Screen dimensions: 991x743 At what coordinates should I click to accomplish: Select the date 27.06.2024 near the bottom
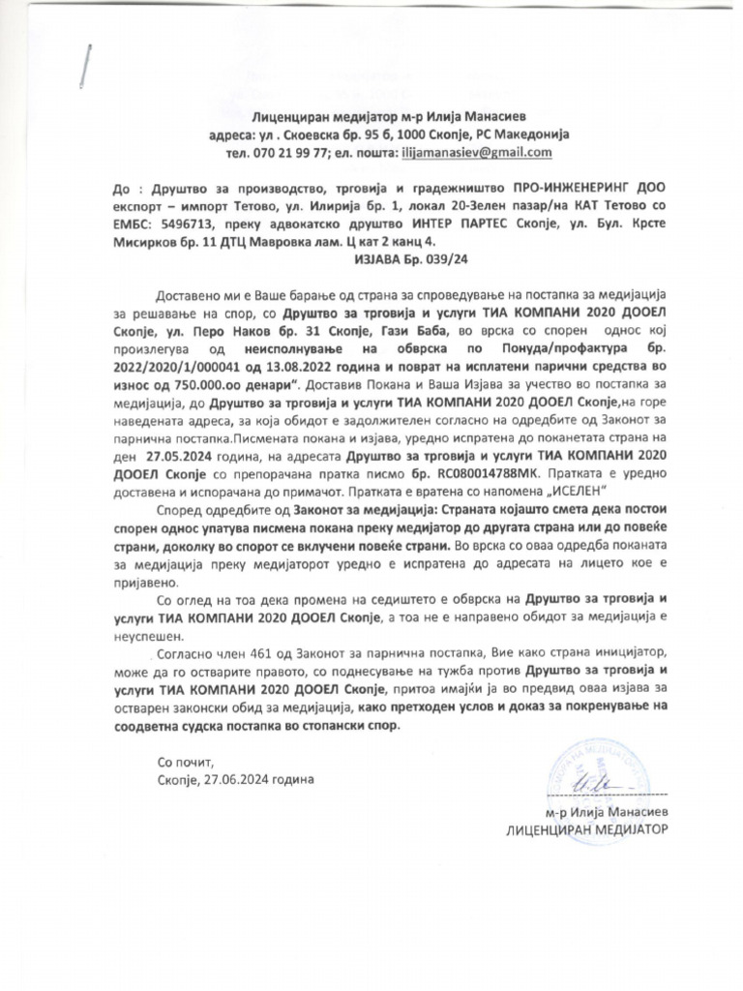(237, 778)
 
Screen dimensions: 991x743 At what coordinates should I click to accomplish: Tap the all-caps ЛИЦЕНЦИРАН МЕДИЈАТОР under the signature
(586, 831)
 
